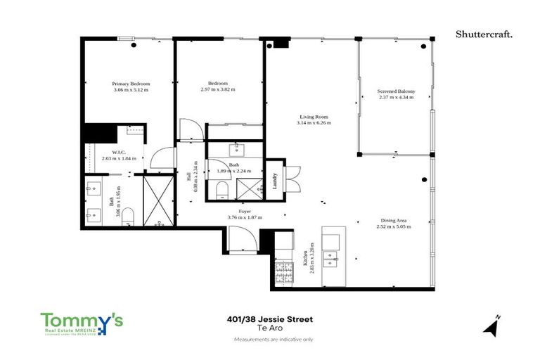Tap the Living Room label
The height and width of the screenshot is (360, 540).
(x=314, y=117)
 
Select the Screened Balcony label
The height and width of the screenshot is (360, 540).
(x=396, y=91)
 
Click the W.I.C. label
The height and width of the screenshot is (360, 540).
(x=118, y=152)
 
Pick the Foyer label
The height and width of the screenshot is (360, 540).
(x=245, y=211)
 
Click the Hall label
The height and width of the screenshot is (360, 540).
(x=188, y=176)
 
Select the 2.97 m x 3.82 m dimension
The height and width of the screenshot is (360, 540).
(x=217, y=90)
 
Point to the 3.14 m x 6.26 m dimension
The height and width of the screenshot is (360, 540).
(x=314, y=123)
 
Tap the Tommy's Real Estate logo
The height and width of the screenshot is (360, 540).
(x=82, y=324)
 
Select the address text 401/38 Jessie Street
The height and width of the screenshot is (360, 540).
(x=269, y=319)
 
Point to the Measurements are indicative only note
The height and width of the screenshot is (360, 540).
(x=269, y=340)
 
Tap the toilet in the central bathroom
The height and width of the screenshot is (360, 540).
(x=223, y=188)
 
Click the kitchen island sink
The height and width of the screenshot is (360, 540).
(x=330, y=262)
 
